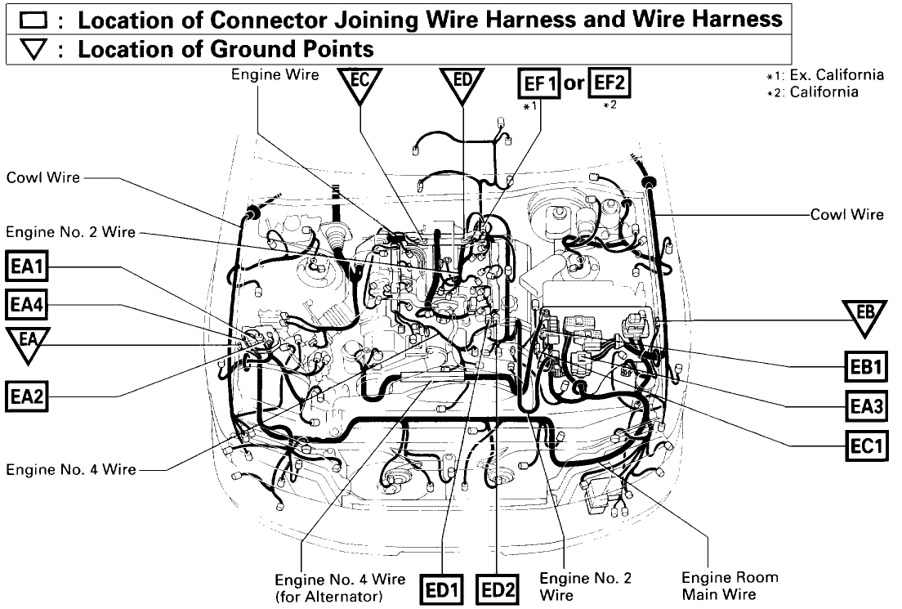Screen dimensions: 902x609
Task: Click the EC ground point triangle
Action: (359, 85)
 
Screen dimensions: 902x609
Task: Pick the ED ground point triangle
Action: (462, 85)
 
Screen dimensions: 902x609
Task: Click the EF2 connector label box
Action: (610, 84)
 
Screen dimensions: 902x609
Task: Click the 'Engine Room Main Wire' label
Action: (732, 586)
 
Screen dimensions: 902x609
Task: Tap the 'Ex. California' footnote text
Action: (829, 75)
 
